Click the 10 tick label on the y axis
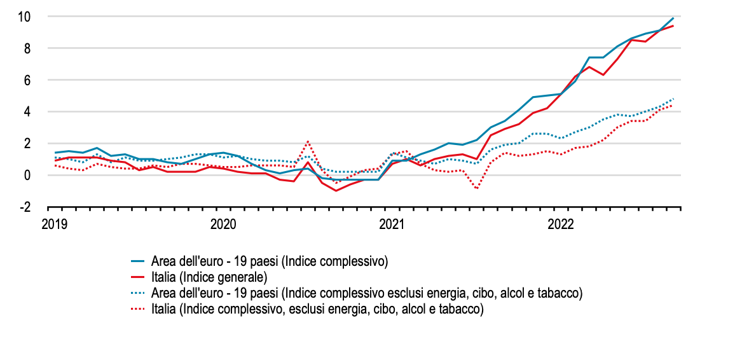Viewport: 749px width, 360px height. (x=24, y=17)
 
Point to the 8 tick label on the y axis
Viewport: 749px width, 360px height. (x=27, y=48)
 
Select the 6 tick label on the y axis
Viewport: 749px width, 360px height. (x=27, y=80)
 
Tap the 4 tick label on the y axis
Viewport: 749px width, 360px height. (x=27, y=112)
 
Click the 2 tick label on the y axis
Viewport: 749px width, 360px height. (x=27, y=144)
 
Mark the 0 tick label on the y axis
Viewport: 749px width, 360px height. (x=27, y=176)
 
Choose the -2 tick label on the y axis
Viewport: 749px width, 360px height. (x=25, y=207)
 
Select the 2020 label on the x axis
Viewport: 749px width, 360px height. (x=223, y=225)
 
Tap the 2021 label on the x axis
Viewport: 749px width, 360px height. (x=392, y=225)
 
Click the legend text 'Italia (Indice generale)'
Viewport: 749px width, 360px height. (x=209, y=277)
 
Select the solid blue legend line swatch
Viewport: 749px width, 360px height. (x=139, y=261)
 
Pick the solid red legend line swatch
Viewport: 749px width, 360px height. (x=139, y=277)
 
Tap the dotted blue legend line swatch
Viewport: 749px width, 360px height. (x=139, y=293)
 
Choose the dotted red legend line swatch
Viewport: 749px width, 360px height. (x=139, y=309)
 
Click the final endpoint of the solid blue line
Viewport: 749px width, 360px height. (x=673, y=18)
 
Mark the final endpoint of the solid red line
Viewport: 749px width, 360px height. (x=673, y=26)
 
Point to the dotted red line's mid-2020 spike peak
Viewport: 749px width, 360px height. (x=308, y=141)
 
